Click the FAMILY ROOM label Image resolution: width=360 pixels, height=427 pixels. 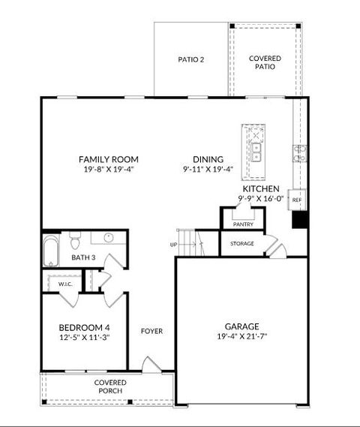point(109,159)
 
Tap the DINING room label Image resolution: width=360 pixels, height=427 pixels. point(208,159)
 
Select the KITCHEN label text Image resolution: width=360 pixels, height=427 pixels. point(261,189)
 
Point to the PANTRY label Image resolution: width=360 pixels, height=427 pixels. point(243,224)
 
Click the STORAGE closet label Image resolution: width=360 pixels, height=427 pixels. point(241,244)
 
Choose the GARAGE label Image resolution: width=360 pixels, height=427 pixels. point(241,326)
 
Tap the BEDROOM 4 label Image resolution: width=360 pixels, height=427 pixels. point(84,327)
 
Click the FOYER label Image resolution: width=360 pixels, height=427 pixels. point(151,331)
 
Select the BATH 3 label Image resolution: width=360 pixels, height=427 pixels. point(83,258)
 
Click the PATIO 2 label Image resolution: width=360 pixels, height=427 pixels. point(191,59)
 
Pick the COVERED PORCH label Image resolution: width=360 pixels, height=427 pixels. point(110,386)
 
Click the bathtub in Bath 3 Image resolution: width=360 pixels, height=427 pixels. point(51,251)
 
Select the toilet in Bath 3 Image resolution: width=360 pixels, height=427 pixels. point(75,242)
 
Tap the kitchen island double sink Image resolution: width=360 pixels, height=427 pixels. point(256,152)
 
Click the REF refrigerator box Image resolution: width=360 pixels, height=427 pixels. point(296,200)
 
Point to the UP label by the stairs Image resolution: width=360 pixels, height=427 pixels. point(174,245)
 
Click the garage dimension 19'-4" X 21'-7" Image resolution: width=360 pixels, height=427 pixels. point(241,337)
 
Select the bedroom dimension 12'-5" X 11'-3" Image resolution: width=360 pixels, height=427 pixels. point(84,338)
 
